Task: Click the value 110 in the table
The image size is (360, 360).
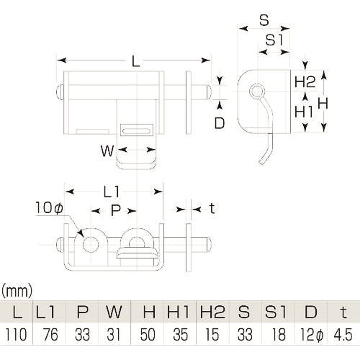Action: point(16,335)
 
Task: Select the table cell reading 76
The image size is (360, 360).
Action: point(50,335)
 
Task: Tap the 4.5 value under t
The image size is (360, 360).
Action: point(343,335)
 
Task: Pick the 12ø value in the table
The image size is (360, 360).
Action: point(310,335)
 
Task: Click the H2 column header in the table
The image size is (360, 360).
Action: point(212,312)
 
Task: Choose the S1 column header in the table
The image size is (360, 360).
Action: point(276,312)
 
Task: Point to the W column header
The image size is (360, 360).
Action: point(114,312)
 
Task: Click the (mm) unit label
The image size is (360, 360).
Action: point(17,291)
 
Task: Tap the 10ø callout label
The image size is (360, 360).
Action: point(49,207)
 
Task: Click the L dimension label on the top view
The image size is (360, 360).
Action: point(136,60)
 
